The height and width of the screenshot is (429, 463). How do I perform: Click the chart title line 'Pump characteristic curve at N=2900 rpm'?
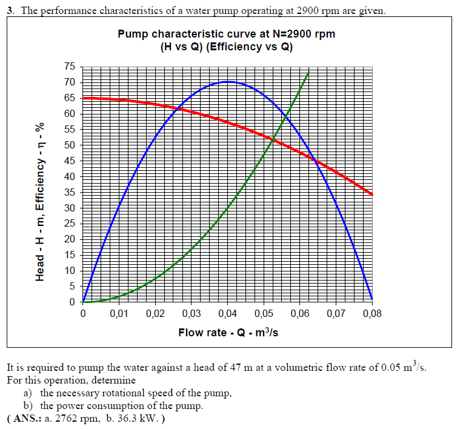click(226, 34)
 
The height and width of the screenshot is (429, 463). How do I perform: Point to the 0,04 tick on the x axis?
click(227, 314)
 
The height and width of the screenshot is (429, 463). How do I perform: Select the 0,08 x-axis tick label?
click(372, 314)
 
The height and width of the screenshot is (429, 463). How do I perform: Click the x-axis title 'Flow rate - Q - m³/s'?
click(228, 333)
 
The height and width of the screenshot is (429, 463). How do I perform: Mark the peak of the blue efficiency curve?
click(227, 81)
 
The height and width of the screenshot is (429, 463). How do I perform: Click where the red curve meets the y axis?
click(83, 98)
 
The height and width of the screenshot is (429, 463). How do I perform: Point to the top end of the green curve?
click(309, 71)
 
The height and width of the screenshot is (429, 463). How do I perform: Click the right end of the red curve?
click(372, 195)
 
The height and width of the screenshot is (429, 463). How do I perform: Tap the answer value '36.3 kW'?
click(132, 419)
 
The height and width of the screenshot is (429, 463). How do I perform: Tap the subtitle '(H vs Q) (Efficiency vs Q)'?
click(226, 47)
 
